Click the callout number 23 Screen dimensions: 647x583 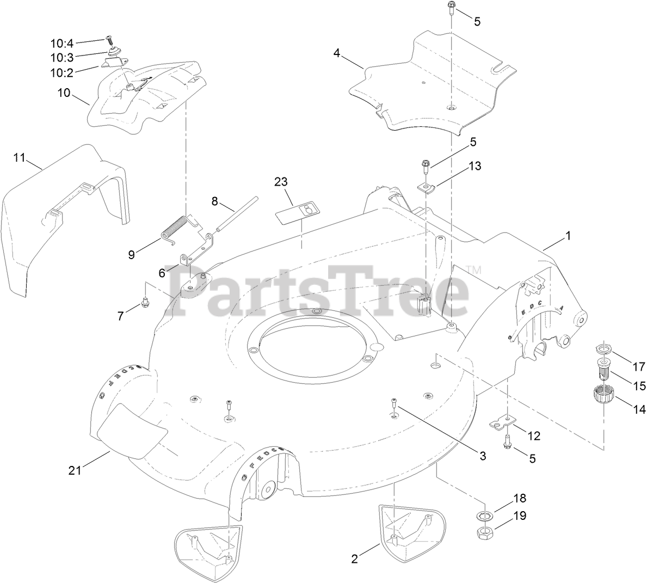(x=281, y=182)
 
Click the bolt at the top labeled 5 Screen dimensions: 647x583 (x=451, y=8)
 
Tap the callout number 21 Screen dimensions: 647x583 (x=75, y=470)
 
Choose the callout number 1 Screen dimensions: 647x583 (x=568, y=236)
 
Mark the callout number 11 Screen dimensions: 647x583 (x=20, y=158)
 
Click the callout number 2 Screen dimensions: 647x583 (x=355, y=558)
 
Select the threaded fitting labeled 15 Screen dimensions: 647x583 (x=602, y=371)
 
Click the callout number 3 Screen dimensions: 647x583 (x=482, y=456)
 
